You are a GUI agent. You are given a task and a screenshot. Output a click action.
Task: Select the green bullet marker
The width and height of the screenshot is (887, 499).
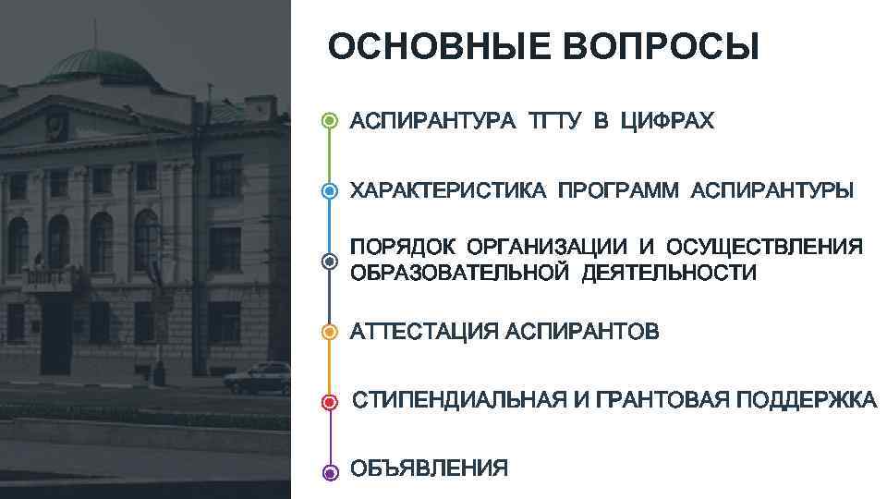(x=331, y=122)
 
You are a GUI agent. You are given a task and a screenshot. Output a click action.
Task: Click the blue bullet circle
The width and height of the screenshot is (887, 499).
(x=331, y=191)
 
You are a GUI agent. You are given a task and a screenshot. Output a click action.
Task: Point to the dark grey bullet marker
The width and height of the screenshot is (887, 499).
(x=331, y=262)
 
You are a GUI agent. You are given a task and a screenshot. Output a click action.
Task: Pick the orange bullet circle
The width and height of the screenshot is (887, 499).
(x=331, y=332)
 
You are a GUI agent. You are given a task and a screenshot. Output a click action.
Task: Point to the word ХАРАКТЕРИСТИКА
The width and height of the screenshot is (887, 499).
(x=448, y=191)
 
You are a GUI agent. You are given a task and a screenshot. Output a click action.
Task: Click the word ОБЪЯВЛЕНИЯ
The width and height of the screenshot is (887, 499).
(x=429, y=469)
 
